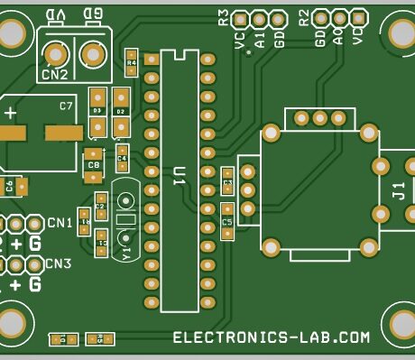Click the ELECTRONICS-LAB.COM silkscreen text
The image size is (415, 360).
(x=272, y=337)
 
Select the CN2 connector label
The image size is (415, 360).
(x=55, y=75)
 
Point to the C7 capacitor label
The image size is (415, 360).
(x=66, y=106)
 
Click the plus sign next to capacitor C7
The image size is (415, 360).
(x=10, y=113)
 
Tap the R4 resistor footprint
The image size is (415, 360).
(x=132, y=62)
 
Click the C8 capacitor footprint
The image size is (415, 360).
(x=93, y=165)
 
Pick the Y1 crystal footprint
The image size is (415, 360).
(x=125, y=221)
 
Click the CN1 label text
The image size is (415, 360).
(x=60, y=223)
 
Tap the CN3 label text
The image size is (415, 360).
(x=59, y=263)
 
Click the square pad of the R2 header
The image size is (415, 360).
(x=358, y=17)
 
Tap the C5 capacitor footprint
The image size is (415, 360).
(x=226, y=221)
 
